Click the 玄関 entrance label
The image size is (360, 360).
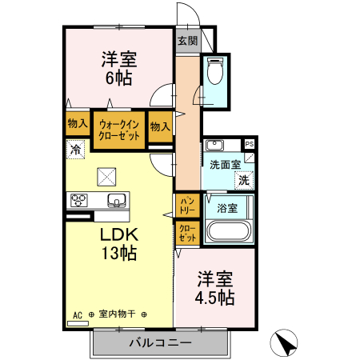point(187,40)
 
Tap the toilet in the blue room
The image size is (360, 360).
point(214,73)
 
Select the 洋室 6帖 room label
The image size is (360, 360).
point(118,67)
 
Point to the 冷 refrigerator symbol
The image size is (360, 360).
point(75,149)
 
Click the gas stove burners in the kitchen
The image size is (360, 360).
point(80,200)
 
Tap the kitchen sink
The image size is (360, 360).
point(115,200)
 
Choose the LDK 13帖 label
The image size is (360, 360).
point(118,244)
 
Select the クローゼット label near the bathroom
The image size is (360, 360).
point(187,234)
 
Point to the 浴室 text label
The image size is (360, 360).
point(227,208)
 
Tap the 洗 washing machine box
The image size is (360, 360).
point(242,180)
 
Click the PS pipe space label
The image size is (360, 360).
point(250,144)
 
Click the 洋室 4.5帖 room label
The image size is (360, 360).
point(214,288)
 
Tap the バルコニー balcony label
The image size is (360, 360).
point(160,343)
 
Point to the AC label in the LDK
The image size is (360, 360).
point(78,314)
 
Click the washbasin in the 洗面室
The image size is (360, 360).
point(214,146)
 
